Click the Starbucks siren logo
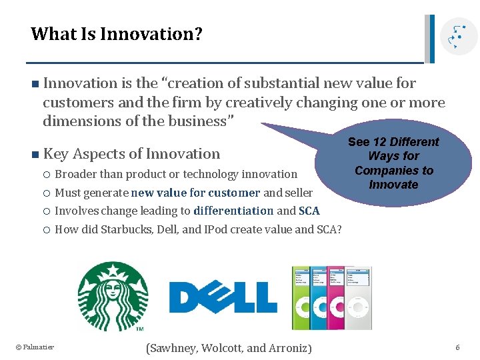[x=113, y=296]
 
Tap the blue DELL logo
[x=223, y=297]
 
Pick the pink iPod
[x=338, y=298]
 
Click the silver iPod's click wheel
[x=359, y=311]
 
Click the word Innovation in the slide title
[x=151, y=33]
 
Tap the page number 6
[x=457, y=347]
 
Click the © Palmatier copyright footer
[x=35, y=347]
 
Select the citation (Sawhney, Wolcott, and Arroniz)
[x=228, y=347]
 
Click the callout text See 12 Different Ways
[x=393, y=163]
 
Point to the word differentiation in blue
[x=233, y=211]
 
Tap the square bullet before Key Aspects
[x=34, y=154]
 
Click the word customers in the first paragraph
[x=74, y=103]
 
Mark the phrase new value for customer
[x=195, y=193]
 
